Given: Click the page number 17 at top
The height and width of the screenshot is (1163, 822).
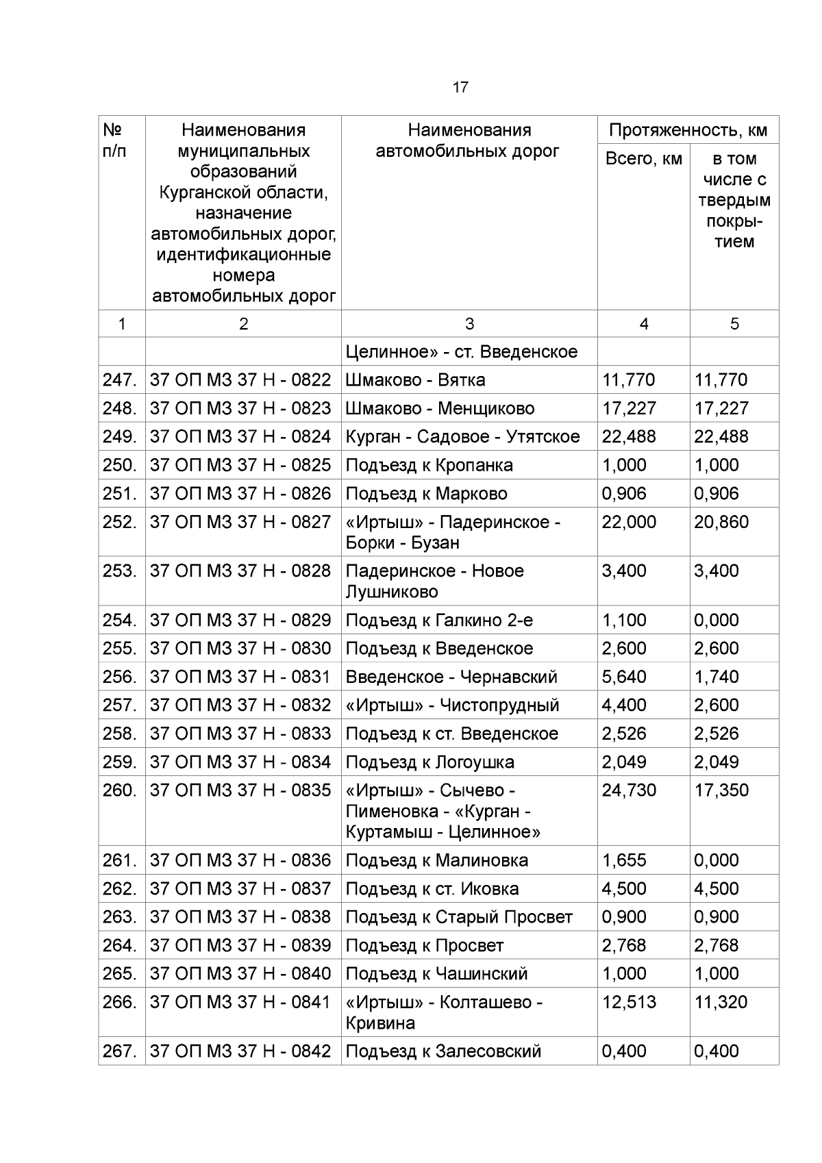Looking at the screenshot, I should [460, 88].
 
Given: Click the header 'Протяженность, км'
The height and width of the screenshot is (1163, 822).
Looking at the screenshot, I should [688, 130].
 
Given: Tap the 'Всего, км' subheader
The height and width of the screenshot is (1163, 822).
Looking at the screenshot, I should [643, 159].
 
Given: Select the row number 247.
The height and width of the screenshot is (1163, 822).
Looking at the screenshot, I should [121, 380].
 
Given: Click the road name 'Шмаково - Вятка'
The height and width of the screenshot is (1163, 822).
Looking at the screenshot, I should [415, 380].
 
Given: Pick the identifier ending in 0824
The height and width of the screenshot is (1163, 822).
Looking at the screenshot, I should [240, 437].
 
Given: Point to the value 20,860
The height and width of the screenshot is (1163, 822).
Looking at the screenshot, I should [721, 523].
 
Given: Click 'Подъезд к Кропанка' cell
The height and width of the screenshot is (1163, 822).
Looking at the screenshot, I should [429, 465].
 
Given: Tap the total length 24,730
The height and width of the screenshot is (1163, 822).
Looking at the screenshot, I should [629, 790].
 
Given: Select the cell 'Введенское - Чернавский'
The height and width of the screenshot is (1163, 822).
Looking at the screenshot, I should [451, 677].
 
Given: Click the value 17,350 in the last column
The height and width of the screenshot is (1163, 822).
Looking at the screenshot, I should [721, 790].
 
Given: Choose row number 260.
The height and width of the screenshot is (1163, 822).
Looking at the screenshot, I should [121, 790].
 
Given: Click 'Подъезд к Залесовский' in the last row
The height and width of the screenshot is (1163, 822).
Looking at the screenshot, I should [443, 1051].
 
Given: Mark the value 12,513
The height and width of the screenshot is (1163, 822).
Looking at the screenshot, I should [629, 1003].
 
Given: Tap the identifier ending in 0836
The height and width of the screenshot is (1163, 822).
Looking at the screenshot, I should [240, 860].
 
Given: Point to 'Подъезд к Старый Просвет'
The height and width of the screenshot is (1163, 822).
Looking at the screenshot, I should [458, 917].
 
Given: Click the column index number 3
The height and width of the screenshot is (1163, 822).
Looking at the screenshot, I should [469, 324].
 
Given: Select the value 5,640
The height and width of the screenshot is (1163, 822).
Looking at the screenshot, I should [624, 677].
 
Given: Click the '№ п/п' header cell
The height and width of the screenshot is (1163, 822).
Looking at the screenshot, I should [114, 140].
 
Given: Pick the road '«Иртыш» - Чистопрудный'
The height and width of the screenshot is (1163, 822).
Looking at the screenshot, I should [452, 705].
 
